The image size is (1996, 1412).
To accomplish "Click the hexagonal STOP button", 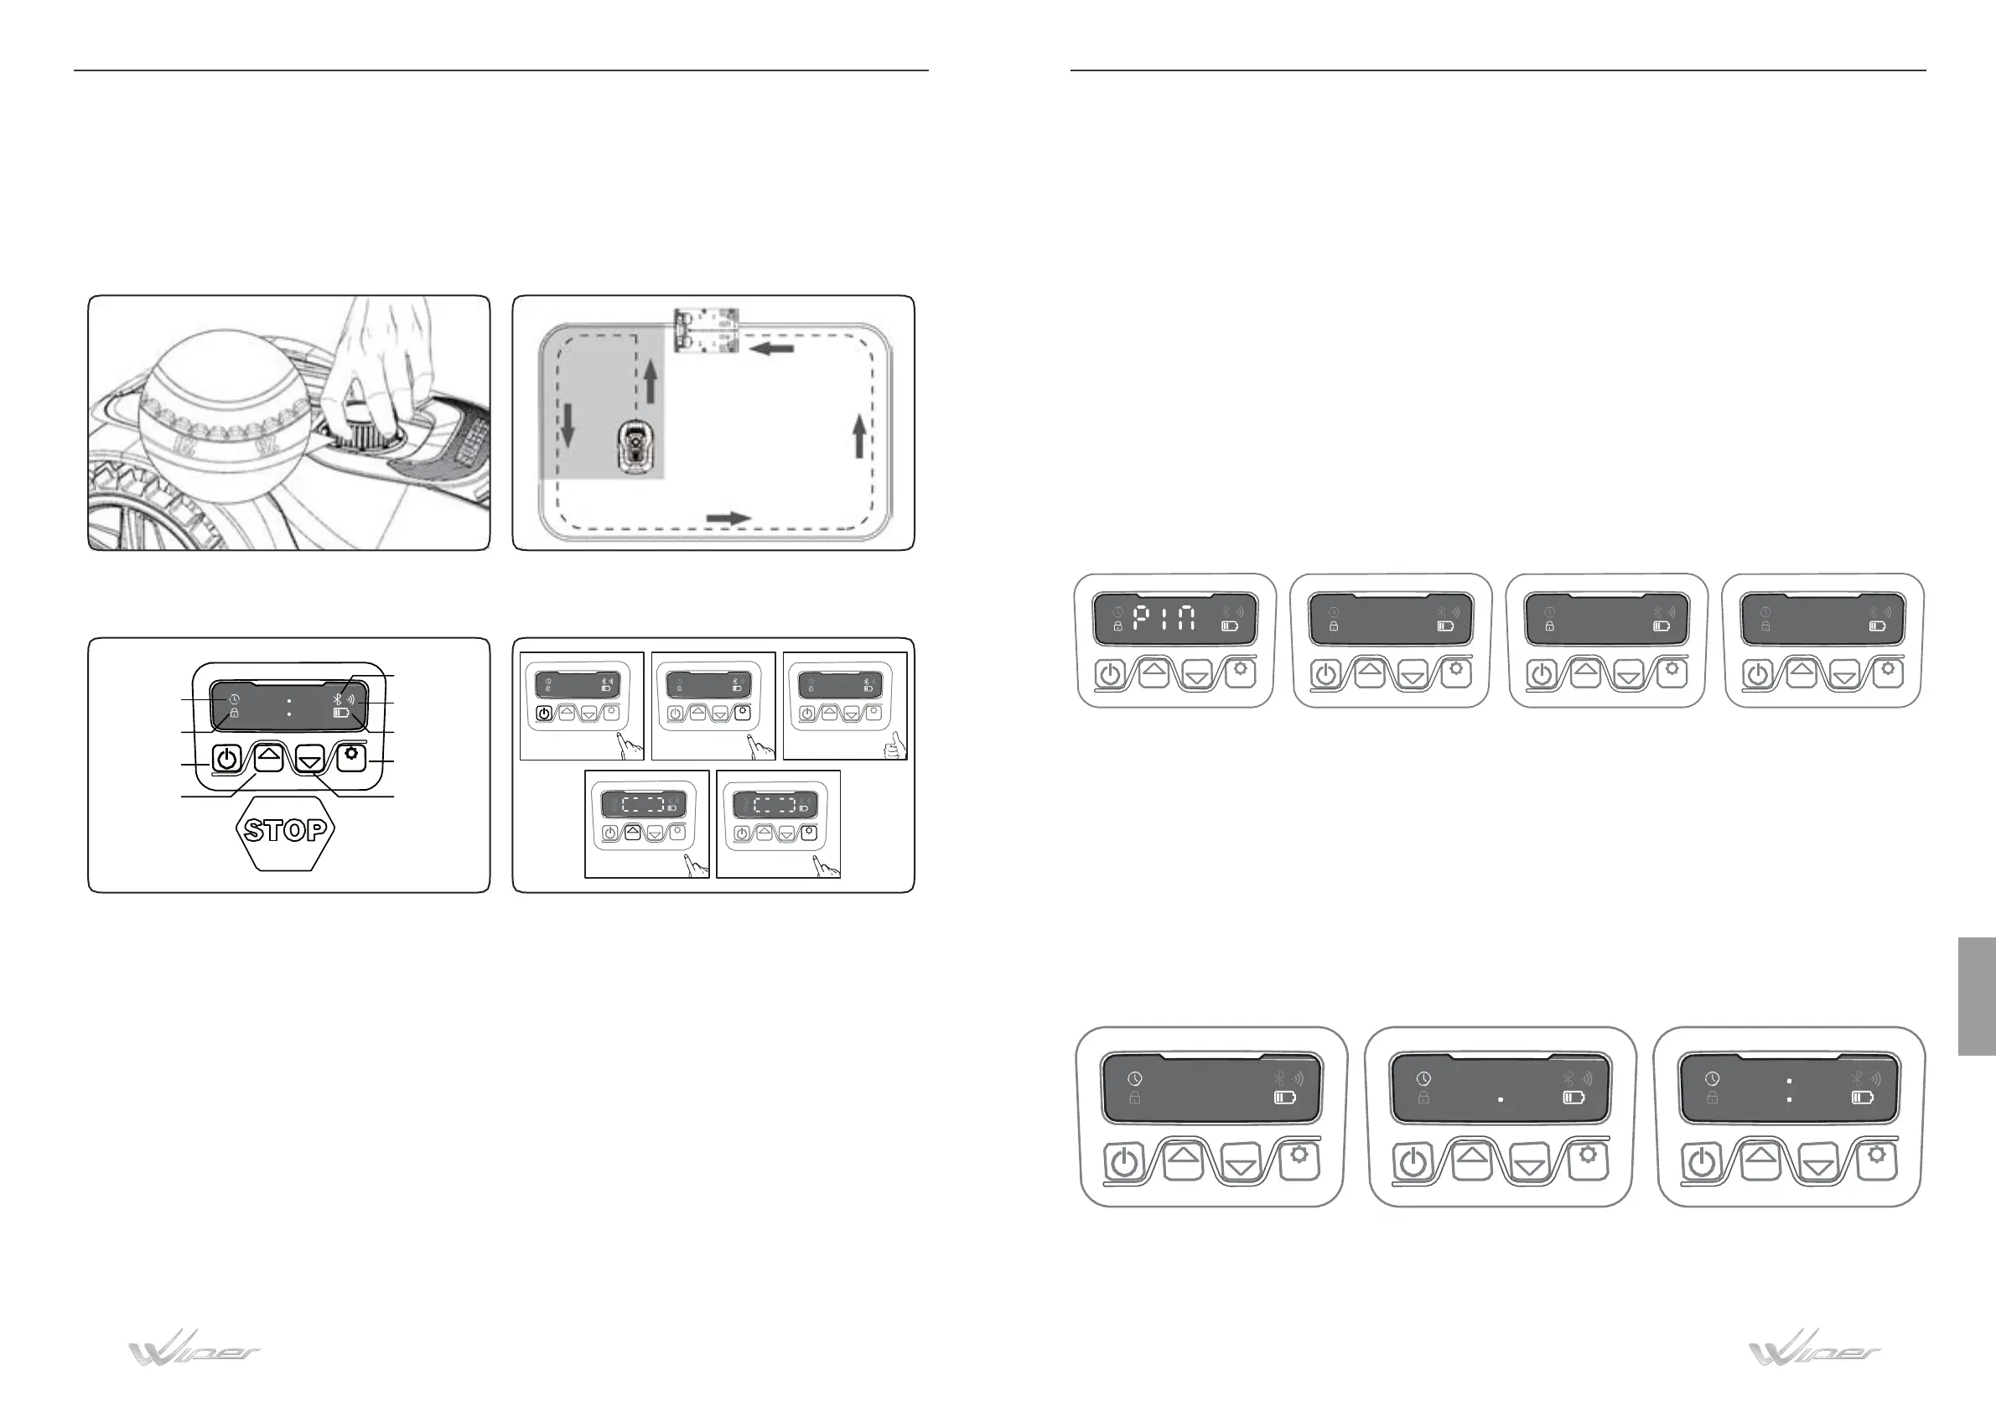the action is tap(285, 830).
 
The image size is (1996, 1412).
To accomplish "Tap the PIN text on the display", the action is tap(1164, 618).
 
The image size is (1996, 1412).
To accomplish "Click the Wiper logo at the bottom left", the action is tap(194, 1350).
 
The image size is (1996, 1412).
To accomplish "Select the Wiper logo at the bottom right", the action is tap(1815, 1350).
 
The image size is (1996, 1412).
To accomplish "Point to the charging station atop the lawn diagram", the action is tap(707, 330).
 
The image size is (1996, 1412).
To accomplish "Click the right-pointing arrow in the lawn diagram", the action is tap(728, 518).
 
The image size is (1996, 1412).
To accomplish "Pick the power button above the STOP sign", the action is tap(226, 759).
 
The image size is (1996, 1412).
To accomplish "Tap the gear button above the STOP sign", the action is tap(351, 755).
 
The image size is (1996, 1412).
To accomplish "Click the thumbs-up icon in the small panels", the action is tap(894, 746).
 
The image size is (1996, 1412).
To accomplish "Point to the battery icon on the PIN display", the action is tap(1229, 626).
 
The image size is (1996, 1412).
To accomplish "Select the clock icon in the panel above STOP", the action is tap(234, 700).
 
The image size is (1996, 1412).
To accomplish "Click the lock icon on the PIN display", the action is tap(1118, 626).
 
